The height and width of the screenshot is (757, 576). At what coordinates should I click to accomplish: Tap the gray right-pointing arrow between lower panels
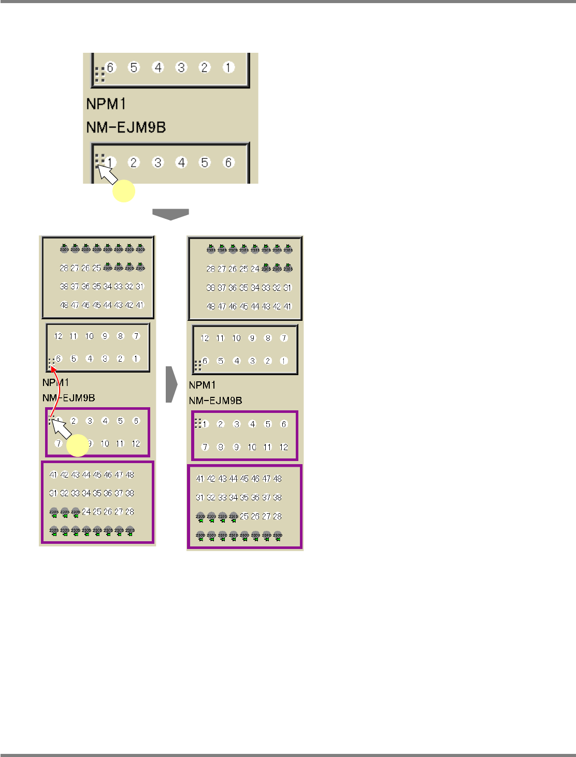pos(171,384)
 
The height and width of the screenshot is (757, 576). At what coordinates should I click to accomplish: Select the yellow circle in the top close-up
pos(124,191)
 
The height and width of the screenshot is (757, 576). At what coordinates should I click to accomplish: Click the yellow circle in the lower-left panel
pos(78,446)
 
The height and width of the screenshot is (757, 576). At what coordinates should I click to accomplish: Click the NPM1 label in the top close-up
pos(106,104)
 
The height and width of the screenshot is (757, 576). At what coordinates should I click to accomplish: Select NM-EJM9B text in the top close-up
pos(126,127)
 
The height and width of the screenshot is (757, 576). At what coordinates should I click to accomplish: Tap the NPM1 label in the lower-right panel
pos(202,385)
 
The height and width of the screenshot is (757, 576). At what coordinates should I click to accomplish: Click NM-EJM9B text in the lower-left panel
pos(68,398)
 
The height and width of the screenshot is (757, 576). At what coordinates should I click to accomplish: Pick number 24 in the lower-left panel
pos(86,512)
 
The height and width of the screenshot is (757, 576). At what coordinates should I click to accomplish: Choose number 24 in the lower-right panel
pos(255,269)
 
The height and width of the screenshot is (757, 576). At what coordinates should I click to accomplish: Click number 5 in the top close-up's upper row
pos(134,67)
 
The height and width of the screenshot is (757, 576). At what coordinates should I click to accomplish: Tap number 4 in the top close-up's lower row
pos(181,162)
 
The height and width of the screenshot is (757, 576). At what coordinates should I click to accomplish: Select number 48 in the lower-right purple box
pos(278,479)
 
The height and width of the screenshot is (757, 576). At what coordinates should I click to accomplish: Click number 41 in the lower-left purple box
pos(53,474)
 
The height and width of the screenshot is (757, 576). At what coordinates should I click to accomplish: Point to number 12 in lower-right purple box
pos(283,447)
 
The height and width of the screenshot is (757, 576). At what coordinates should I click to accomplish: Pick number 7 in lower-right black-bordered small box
pos(283,338)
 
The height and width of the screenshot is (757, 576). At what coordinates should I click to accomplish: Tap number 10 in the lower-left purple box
pos(105,443)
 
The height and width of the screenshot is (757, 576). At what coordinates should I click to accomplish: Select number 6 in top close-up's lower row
pos(228,162)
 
